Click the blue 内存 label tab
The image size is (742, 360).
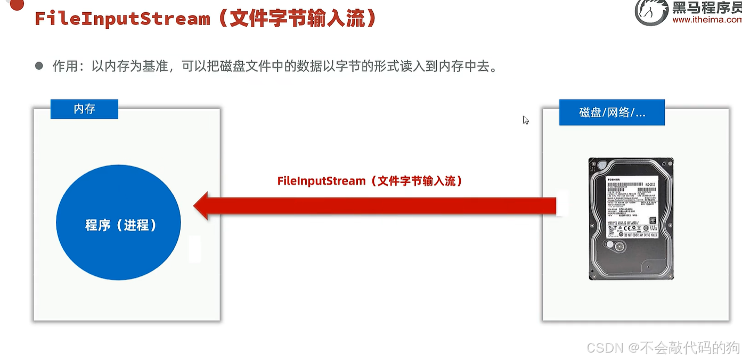(84, 109)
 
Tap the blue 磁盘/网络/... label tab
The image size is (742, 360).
(611, 112)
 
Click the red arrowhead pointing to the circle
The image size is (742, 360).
(202, 206)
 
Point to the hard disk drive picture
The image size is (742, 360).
(631, 218)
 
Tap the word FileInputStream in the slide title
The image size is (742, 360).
(123, 19)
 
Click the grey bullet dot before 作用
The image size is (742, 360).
(39, 66)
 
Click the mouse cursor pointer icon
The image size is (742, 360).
(525, 120)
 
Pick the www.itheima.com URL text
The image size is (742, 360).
(706, 20)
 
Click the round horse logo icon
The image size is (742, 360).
(651, 12)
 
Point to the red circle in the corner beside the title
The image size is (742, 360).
(17, 4)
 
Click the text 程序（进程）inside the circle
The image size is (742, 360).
(121, 225)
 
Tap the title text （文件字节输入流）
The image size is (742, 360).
(297, 19)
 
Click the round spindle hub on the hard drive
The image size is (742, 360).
(618, 247)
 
